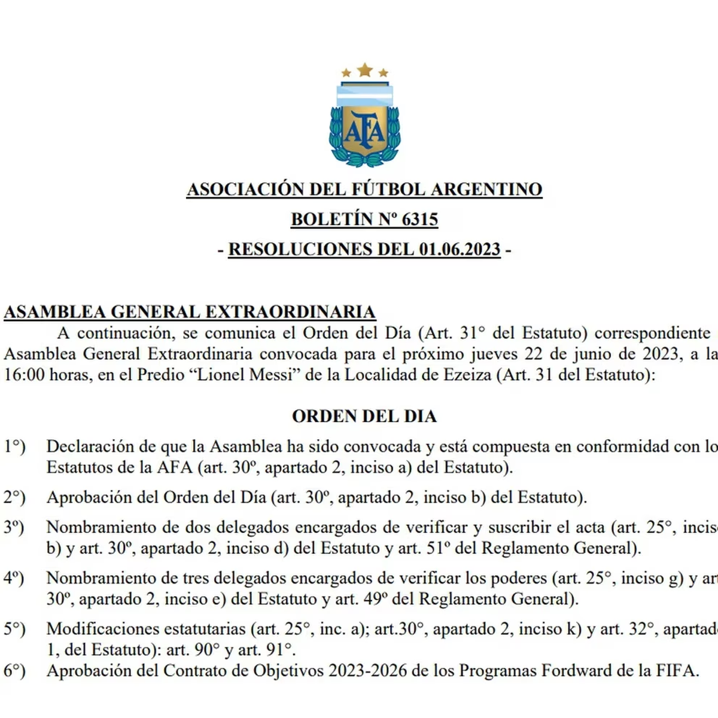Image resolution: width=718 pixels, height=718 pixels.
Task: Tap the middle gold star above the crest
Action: coord(364,71)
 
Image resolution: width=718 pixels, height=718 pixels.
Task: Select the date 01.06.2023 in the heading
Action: coord(460,250)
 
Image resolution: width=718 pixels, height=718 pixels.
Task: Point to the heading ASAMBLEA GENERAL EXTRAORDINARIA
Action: coord(190,312)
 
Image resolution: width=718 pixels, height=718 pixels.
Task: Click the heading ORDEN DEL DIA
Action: coord(364,416)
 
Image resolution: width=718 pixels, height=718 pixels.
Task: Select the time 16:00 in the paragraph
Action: coord(20,376)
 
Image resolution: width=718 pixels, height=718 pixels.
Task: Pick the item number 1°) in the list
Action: coord(14,446)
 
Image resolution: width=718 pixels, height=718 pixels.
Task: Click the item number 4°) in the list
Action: coord(14,578)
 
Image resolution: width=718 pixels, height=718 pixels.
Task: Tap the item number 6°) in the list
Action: coord(14,671)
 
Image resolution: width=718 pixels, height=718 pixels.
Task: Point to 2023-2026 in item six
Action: coord(368,671)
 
